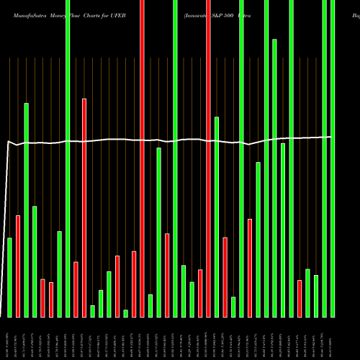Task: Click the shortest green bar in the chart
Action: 125,313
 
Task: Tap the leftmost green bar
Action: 9,277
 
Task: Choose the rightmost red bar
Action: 300,298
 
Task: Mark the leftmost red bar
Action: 18,266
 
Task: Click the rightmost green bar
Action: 333,158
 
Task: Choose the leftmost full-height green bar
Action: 68,158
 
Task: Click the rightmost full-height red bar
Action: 208,158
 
